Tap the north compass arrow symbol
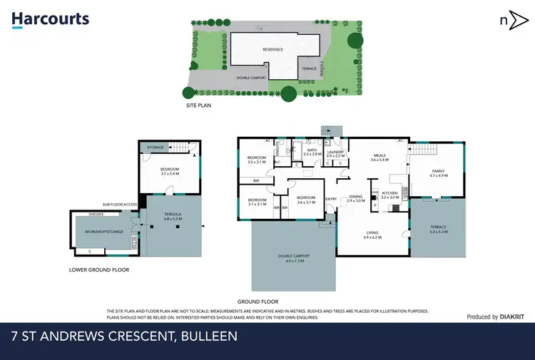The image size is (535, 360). coord(508,20)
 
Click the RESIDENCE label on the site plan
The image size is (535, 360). coord(273,49)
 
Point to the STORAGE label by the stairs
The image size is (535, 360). coord(156,148)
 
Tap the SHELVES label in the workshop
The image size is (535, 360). coord(97,214)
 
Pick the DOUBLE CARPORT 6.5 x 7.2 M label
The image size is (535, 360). coord(293,257)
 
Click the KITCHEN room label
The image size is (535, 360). coord(389,195)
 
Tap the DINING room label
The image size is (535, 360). coord(355,198)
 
